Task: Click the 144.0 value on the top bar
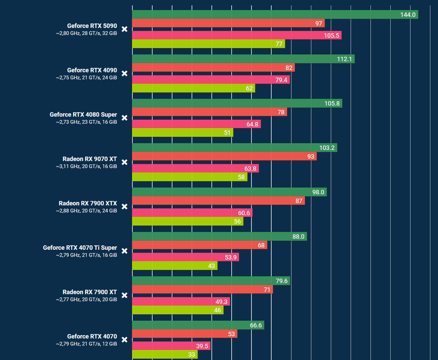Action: click(407, 15)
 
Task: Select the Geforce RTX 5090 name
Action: click(92, 26)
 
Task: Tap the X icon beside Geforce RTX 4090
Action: click(125, 73)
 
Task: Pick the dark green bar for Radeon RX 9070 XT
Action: click(234, 148)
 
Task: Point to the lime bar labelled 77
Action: click(208, 44)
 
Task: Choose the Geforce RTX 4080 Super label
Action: click(83, 115)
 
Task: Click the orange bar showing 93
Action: click(224, 156)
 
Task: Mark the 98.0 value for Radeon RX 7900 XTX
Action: click(318, 192)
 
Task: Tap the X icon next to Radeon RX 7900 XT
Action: click(125, 295)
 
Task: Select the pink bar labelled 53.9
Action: click(185, 257)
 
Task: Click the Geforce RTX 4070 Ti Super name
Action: click(80, 248)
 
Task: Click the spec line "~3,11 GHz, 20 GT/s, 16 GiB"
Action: click(86, 166)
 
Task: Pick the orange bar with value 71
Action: click(202, 289)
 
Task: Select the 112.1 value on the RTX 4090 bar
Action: click(346, 59)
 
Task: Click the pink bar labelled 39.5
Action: click(171, 346)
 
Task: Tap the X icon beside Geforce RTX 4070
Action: click(125, 340)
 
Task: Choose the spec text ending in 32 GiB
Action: click(86, 33)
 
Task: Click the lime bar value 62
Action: click(249, 88)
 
